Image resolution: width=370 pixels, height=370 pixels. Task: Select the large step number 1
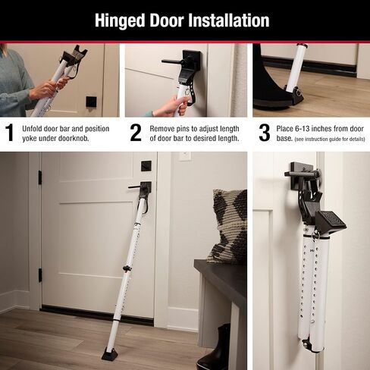(9, 133)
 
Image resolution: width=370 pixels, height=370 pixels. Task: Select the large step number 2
(135, 133)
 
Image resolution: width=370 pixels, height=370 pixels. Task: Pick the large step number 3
(264, 133)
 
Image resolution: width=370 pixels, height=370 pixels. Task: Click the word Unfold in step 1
(35, 128)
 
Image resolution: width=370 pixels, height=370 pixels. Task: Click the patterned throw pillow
(228, 225)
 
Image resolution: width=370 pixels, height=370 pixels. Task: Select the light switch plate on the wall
(184, 157)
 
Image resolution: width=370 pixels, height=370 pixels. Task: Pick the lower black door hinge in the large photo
(40, 274)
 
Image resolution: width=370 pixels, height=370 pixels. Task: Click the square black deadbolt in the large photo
(146, 166)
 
